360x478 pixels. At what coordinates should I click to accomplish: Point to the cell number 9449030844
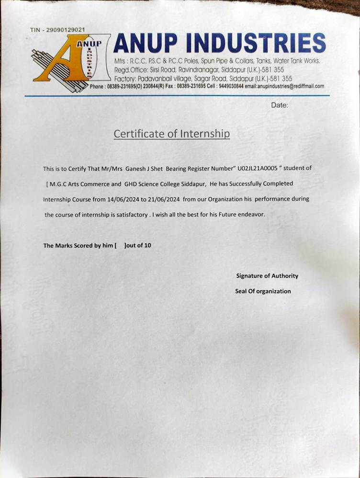coord(231,86)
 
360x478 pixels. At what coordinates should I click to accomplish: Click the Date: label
coord(280,105)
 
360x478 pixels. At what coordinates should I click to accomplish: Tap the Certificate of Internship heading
coord(171,134)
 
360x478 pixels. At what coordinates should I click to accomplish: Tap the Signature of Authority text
coord(267,275)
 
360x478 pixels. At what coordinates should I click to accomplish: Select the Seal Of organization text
coord(263,291)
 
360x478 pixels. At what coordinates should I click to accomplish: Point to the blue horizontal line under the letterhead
coord(177,96)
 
